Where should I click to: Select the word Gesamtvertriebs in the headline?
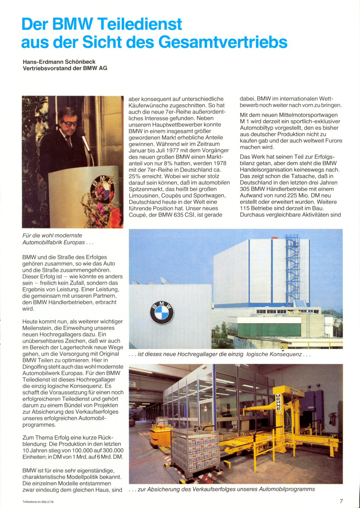point(223,42)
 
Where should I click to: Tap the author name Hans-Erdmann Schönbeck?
point(59,62)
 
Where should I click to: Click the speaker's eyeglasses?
point(70,124)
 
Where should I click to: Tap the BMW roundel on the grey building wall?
point(162,312)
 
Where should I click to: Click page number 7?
point(341,501)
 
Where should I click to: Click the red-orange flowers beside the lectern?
point(114,216)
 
